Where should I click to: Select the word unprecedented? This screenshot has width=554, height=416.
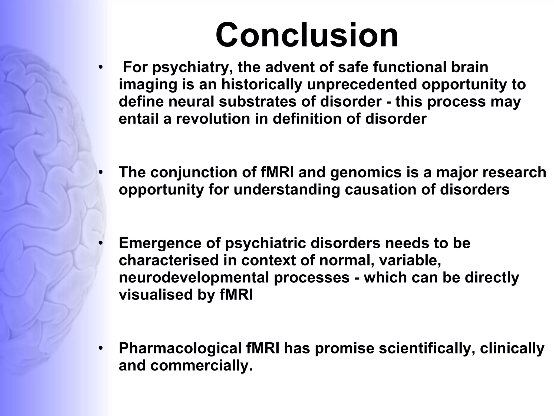pyautogui.click(x=362, y=84)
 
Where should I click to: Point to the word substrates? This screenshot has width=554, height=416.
pyautogui.click(x=268, y=102)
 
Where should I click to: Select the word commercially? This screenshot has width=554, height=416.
pyautogui.click(x=201, y=366)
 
